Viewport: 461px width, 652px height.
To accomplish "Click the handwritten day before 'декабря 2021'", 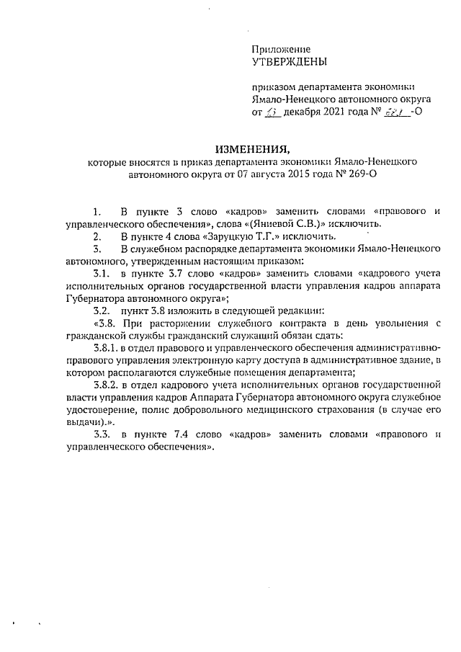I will [x=270, y=113].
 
